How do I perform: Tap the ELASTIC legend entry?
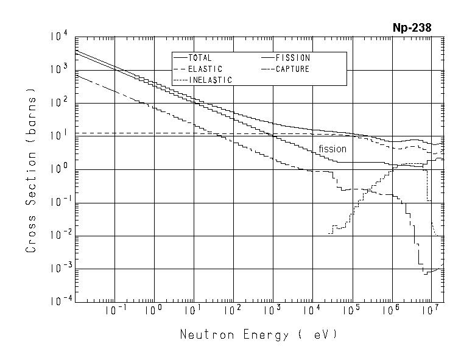coord(205,69)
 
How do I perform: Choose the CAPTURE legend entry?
coord(293,69)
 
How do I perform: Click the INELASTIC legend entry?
coord(210,80)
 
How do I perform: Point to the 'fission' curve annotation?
coord(332,149)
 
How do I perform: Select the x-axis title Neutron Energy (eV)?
coord(258,334)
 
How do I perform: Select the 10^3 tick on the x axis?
coord(272,311)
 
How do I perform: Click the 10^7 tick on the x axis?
coord(431,311)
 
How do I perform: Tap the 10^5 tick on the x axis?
coord(351,311)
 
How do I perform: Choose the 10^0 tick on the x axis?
coord(154,311)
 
